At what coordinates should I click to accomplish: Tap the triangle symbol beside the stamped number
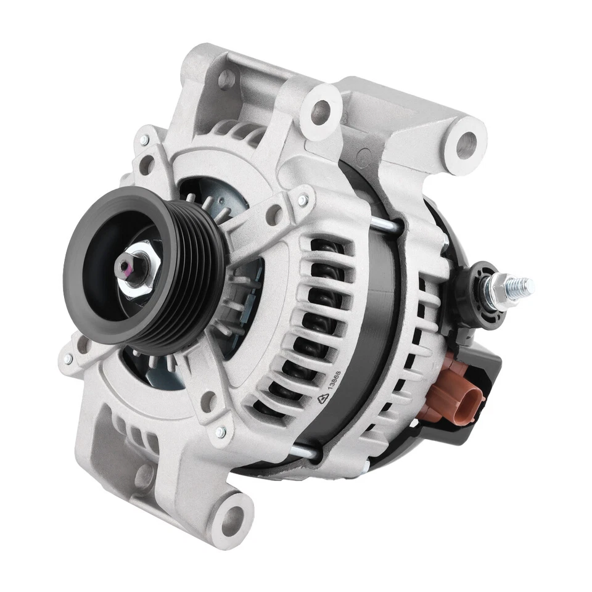pyautogui.click(x=323, y=399)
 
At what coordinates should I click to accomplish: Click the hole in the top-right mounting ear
pyautogui.click(x=466, y=144)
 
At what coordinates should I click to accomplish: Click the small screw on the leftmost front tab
pyautogui.click(x=68, y=358)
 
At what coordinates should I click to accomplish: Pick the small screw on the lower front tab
pyautogui.click(x=220, y=432)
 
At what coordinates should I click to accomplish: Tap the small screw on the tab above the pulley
pyautogui.click(x=302, y=200)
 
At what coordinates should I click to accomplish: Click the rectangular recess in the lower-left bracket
pyautogui.click(x=111, y=450)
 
